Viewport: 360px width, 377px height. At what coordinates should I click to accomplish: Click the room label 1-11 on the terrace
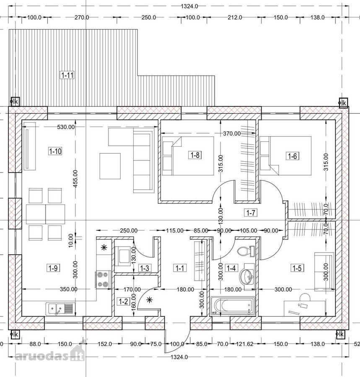[67, 75]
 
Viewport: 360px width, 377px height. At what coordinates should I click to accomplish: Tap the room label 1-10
[55, 151]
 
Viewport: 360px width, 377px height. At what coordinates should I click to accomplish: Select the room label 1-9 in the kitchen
[53, 268]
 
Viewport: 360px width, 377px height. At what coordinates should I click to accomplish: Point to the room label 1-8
[195, 155]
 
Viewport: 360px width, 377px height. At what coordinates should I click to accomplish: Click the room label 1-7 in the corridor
[251, 212]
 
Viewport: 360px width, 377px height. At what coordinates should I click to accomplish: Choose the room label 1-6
[293, 156]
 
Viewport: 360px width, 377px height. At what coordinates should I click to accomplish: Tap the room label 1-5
[297, 268]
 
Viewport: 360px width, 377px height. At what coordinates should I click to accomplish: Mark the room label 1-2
[123, 301]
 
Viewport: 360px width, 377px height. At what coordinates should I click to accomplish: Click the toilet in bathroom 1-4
[246, 251]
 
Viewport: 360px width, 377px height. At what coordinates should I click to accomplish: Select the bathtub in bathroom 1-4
[233, 306]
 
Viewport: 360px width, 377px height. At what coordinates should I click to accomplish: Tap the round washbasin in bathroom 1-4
[247, 274]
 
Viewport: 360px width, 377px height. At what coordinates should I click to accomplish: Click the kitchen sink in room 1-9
[60, 309]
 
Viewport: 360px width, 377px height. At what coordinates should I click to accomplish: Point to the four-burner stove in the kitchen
[103, 279]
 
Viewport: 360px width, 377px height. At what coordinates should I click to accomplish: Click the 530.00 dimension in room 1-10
[66, 127]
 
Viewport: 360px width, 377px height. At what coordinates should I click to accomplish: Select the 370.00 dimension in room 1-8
[232, 134]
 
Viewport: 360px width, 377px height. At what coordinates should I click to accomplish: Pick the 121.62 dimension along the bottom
[245, 344]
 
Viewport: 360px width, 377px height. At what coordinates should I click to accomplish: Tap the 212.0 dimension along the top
[235, 17]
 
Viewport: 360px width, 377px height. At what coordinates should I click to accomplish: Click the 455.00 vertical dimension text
[75, 178]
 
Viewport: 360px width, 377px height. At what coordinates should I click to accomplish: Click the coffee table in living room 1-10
[110, 166]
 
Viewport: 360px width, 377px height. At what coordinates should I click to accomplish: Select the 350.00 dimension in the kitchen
[69, 289]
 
